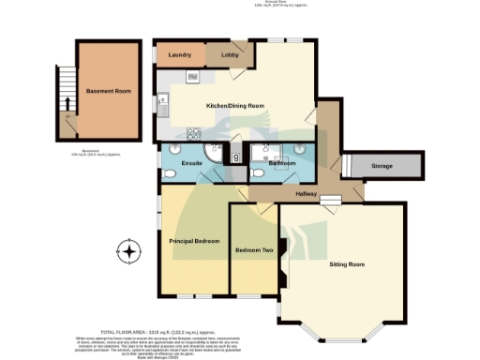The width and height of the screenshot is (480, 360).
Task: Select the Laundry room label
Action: (179, 56)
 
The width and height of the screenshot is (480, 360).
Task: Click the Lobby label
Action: (229, 56)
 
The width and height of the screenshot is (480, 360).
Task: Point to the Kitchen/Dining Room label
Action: (235, 105)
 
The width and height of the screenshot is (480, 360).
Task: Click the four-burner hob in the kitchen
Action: (193, 77)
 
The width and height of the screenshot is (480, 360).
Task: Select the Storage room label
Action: (382, 166)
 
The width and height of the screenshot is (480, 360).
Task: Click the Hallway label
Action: (307, 193)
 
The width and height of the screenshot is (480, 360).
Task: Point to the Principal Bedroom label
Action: (194, 242)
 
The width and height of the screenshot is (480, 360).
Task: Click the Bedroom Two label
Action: (253, 250)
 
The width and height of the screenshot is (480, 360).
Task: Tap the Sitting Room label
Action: (346, 265)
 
